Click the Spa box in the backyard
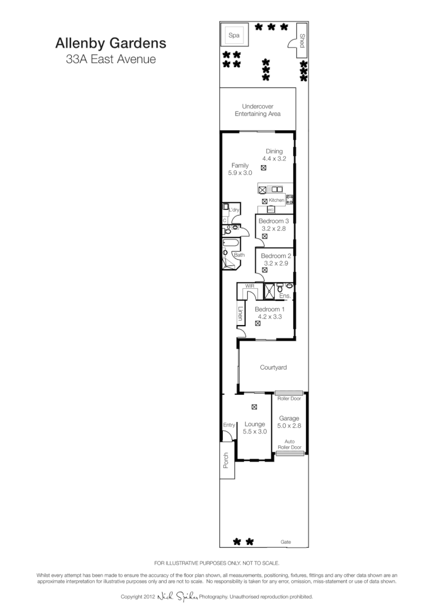point(235,36)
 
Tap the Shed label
point(302,40)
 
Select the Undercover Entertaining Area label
point(258,110)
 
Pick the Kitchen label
point(277,200)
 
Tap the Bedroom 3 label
point(274,221)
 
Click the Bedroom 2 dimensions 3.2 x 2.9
point(274,263)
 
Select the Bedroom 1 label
point(270,309)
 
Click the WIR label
point(250,286)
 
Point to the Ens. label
point(284,296)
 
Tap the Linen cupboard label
point(240,314)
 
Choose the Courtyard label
point(273,367)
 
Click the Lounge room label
point(255,424)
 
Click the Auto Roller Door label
point(289,444)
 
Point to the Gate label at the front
point(286,542)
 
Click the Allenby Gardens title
point(111,43)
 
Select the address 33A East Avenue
point(111,59)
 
